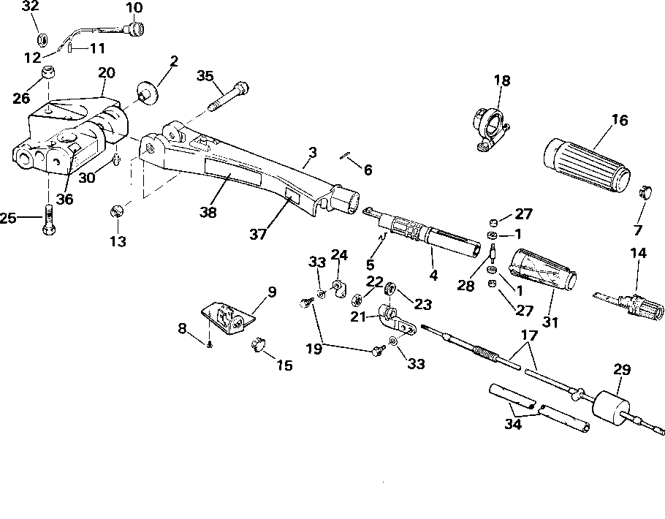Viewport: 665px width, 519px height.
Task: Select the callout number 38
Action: [209, 212]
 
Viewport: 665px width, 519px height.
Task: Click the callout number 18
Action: [502, 80]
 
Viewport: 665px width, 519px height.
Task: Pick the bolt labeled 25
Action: [48, 218]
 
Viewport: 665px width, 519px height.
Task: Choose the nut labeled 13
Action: [116, 212]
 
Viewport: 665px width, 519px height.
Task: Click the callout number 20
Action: [107, 73]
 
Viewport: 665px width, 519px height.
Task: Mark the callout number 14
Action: [638, 254]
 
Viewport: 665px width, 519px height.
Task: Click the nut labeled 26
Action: [48, 74]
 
